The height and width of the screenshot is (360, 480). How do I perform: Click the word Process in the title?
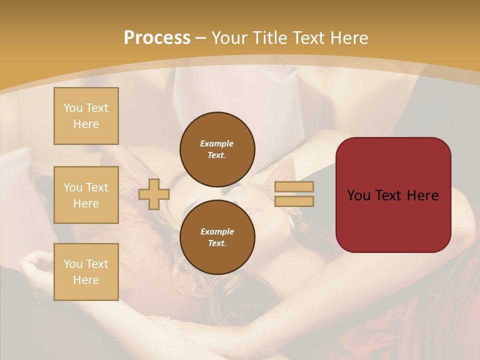pos(157,38)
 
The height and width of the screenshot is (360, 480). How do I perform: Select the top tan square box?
pos(86,116)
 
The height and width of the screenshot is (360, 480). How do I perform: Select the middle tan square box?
pos(86,195)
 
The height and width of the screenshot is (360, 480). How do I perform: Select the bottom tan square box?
pos(86,272)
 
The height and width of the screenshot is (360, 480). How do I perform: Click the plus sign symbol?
pos(154,194)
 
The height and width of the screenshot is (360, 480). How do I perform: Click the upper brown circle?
pos(217,149)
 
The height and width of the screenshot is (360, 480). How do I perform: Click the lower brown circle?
pos(217,237)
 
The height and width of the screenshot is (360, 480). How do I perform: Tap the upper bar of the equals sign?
pos(294,186)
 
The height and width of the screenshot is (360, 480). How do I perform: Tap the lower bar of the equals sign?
pos(294,201)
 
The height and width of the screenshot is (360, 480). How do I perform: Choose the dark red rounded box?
pos(393,195)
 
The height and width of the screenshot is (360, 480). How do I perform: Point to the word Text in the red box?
pos(385,195)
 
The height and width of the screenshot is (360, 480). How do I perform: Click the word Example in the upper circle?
pos(217,143)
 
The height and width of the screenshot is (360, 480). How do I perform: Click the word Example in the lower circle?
pos(217,231)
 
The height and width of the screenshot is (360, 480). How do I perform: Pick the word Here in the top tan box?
pos(86,124)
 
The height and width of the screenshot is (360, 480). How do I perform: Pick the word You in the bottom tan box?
pos(73,264)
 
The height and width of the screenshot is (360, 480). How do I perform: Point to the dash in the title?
pos(201,38)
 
